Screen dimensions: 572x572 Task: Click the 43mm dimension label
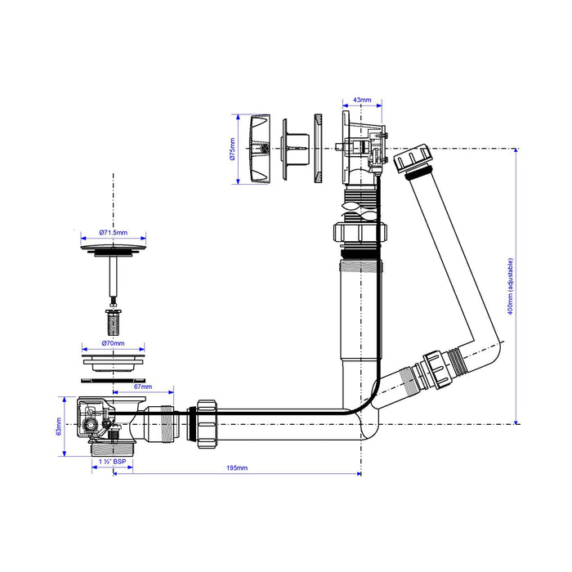pyautogui.click(x=362, y=100)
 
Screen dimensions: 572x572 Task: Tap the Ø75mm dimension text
pyautogui.click(x=233, y=149)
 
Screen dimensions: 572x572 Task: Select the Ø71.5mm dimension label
pyautogui.click(x=113, y=232)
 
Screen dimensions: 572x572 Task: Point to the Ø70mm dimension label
pyautogui.click(x=113, y=343)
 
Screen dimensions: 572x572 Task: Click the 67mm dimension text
pyautogui.click(x=143, y=387)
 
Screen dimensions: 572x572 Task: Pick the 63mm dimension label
pyautogui.click(x=59, y=427)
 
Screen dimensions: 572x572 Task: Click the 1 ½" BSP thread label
pyautogui.click(x=113, y=462)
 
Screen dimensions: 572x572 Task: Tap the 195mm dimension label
pyautogui.click(x=237, y=467)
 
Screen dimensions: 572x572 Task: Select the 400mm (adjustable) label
pyautogui.click(x=511, y=286)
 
